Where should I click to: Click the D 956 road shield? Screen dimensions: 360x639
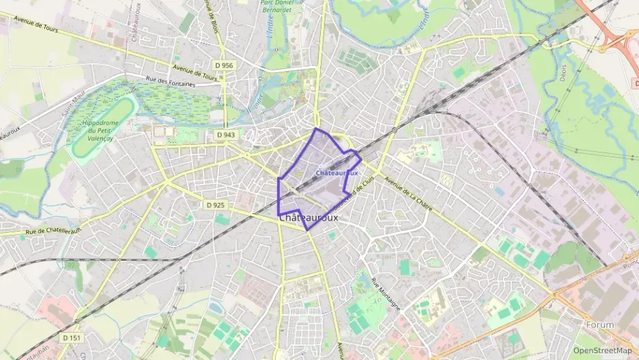[x=223, y=66]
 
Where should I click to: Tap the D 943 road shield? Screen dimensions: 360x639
[x=225, y=135]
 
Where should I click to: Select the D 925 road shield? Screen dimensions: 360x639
[x=214, y=205]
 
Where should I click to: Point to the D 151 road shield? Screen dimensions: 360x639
[x=71, y=337]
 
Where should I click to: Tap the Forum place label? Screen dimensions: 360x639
[x=599, y=325]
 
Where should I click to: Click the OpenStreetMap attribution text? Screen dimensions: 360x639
[x=602, y=350]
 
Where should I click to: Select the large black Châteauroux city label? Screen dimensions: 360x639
[x=309, y=217]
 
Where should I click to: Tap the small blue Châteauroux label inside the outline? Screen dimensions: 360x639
[x=337, y=174]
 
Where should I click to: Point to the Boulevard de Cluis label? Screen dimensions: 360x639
[x=359, y=191]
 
